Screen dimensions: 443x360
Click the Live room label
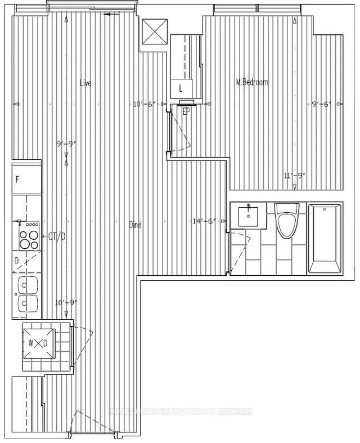85,83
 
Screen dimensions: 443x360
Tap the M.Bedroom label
251,82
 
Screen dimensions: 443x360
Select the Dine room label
135,225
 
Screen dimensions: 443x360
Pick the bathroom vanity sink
248,216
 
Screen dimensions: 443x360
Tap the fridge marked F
18,180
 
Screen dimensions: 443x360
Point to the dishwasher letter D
17,260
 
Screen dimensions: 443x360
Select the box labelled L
181,88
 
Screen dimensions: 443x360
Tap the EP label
186,111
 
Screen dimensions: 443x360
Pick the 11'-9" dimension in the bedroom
294,176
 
